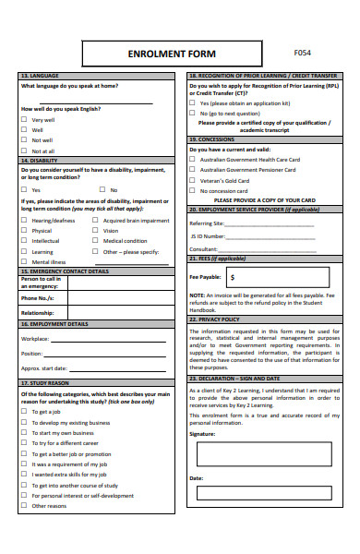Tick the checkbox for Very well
24,119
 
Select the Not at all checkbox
24,151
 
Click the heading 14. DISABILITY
40,160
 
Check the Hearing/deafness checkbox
24,221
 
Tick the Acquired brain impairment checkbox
95,221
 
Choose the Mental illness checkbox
24,261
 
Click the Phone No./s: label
38,298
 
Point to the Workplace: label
35,339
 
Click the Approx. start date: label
43,367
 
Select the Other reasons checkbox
24,505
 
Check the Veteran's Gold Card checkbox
194,180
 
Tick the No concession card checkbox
194,191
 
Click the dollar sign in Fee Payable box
233,276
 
